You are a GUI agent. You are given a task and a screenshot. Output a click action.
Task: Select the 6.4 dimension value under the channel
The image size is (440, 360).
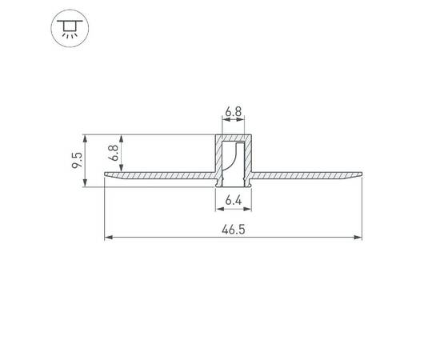coord(234,199)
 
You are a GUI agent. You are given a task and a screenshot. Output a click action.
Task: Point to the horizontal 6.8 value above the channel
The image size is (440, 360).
coord(234,114)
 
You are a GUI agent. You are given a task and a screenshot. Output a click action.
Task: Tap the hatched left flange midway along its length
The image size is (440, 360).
coord(160,174)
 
